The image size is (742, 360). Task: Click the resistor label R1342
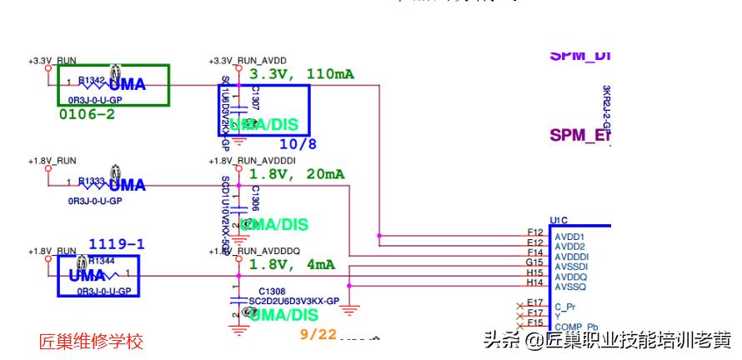(x=91, y=80)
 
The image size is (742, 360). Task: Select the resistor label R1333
(x=91, y=180)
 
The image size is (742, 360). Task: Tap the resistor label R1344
(x=100, y=261)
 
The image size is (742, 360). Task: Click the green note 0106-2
(x=86, y=114)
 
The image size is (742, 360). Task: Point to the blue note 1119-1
(x=117, y=244)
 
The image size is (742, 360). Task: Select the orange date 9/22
(x=317, y=334)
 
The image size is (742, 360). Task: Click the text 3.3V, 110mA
(x=301, y=74)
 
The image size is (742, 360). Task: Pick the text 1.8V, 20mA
(x=296, y=174)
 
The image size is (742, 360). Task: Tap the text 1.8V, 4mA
(x=292, y=264)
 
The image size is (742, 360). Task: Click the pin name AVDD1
(x=569, y=237)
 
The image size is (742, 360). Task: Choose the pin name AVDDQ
(x=571, y=277)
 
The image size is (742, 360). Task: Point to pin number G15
(x=534, y=262)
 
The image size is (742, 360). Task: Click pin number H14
(x=534, y=282)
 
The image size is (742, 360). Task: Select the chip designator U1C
(x=559, y=221)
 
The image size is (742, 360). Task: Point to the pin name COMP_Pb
(x=576, y=326)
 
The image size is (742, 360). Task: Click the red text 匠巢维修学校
(x=91, y=342)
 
